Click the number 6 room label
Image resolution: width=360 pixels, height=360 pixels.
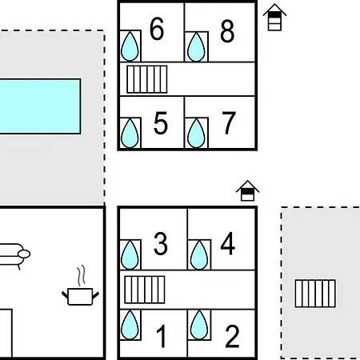(x=157, y=29)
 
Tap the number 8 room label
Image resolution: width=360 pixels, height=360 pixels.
(x=227, y=31)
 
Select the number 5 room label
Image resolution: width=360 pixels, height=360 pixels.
(x=161, y=123)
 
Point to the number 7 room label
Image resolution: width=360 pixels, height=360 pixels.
(x=229, y=123)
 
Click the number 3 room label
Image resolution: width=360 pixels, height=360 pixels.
(x=161, y=243)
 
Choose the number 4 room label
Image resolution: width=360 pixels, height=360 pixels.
(x=228, y=243)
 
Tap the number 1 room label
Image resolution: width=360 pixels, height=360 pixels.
(x=162, y=336)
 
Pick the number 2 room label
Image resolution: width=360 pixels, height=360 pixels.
(x=232, y=336)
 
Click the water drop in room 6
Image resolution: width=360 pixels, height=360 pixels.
(x=130, y=46)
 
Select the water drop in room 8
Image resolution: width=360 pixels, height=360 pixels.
(x=196, y=47)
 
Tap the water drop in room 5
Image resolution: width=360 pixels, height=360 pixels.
(x=130, y=133)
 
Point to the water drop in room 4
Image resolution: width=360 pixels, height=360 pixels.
(x=199, y=255)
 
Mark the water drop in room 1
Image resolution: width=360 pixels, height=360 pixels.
(x=130, y=325)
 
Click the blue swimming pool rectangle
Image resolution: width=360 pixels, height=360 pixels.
(x=40, y=106)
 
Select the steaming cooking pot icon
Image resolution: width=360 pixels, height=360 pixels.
(x=80, y=286)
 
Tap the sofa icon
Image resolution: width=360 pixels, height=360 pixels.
(x=14, y=255)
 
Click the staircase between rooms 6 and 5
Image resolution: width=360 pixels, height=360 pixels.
(x=147, y=79)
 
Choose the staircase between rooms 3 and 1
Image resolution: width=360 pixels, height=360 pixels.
(x=145, y=290)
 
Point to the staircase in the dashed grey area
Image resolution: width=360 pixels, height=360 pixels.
(x=315, y=294)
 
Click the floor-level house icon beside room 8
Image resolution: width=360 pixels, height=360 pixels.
(x=274, y=18)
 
